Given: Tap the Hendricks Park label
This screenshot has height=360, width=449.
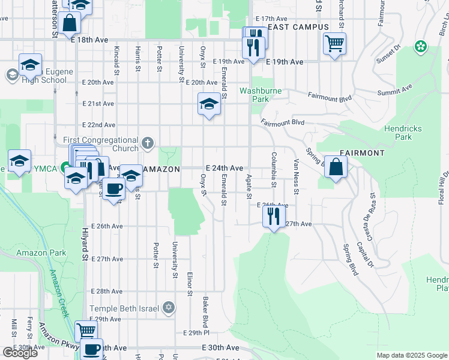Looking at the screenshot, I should pos(403,133).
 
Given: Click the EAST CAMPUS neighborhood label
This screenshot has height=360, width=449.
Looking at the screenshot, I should pos(298,27).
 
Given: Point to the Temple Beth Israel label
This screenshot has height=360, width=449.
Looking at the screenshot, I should pos(125,308).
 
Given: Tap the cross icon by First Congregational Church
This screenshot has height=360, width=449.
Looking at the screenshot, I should pos(148,144).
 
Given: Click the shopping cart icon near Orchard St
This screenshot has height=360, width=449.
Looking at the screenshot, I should pos(334,43).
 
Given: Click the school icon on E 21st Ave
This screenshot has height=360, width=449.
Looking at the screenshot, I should pos(208,104).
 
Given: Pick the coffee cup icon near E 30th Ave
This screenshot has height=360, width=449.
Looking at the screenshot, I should pos(92,349).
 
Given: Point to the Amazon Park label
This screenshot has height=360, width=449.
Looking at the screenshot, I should pos(41,253).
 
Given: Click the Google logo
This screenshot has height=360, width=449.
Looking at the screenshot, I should pos(20,353).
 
